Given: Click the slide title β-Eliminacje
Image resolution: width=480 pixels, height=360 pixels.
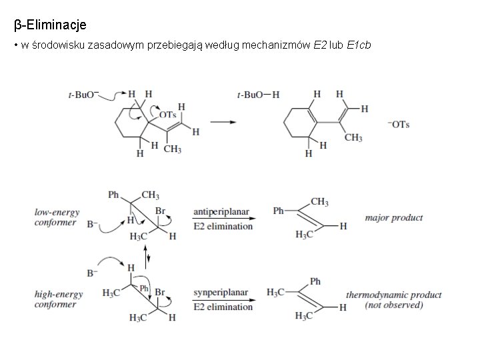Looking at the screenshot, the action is click(x=50, y=25).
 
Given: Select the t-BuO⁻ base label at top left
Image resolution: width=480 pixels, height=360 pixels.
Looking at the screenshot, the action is click(x=82, y=95).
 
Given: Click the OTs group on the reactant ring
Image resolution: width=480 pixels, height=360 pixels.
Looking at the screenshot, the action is click(x=167, y=115).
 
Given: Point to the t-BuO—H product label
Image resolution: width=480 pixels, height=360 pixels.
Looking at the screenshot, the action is click(x=258, y=95).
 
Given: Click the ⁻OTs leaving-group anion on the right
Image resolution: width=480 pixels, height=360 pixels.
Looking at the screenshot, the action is click(x=398, y=125).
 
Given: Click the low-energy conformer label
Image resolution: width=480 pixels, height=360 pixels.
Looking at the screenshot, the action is click(x=57, y=217).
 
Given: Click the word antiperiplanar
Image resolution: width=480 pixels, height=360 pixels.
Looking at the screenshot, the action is click(x=221, y=212).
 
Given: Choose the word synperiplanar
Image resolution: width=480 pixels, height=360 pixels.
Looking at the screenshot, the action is click(x=221, y=293).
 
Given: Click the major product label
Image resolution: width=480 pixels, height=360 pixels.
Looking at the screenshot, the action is click(x=393, y=217).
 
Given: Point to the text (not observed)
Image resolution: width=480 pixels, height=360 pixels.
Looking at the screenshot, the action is click(x=393, y=305).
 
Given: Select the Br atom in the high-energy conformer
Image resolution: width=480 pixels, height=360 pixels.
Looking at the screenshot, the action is click(x=160, y=292).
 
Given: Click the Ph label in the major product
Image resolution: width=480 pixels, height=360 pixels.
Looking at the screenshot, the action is click(x=279, y=211).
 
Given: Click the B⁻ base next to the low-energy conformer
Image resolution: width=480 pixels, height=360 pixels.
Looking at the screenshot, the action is click(x=92, y=225).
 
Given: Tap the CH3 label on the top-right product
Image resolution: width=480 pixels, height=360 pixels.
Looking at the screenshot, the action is click(x=353, y=137).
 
